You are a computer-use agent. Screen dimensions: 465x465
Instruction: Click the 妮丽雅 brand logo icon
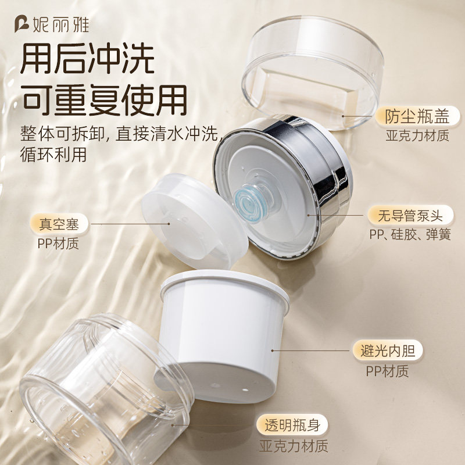[22, 24]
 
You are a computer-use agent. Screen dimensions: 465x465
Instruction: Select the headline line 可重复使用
[105, 101]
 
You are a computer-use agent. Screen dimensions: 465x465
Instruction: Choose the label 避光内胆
[387, 350]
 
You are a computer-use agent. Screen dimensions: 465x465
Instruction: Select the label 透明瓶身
[293, 425]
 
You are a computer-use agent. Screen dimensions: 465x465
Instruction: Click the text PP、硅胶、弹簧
[410, 235]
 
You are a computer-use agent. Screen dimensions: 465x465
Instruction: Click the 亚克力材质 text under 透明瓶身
[293, 446]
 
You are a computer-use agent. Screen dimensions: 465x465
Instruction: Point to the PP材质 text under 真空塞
[58, 242]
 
